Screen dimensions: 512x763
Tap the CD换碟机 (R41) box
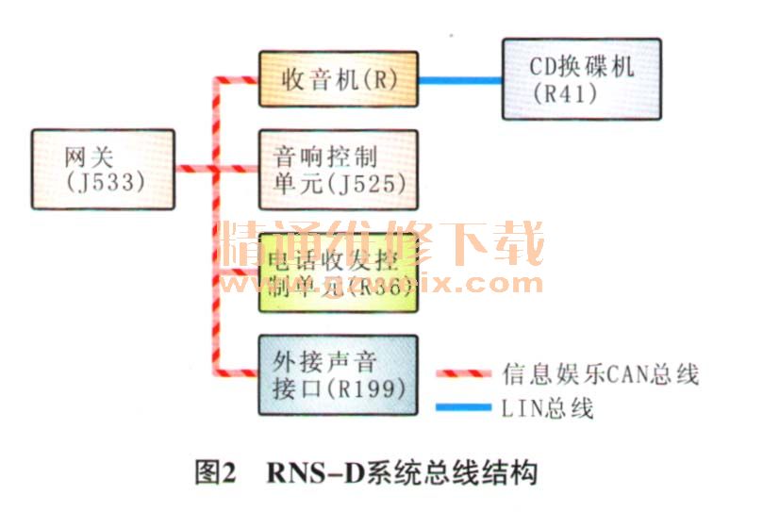click(581, 79)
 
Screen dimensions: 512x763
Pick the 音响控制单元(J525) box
click(338, 170)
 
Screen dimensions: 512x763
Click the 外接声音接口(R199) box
click(338, 374)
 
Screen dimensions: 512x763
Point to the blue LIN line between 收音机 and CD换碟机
click(459, 80)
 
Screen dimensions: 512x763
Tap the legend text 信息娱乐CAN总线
click(600, 374)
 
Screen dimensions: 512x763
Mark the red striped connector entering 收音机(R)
click(241, 80)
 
